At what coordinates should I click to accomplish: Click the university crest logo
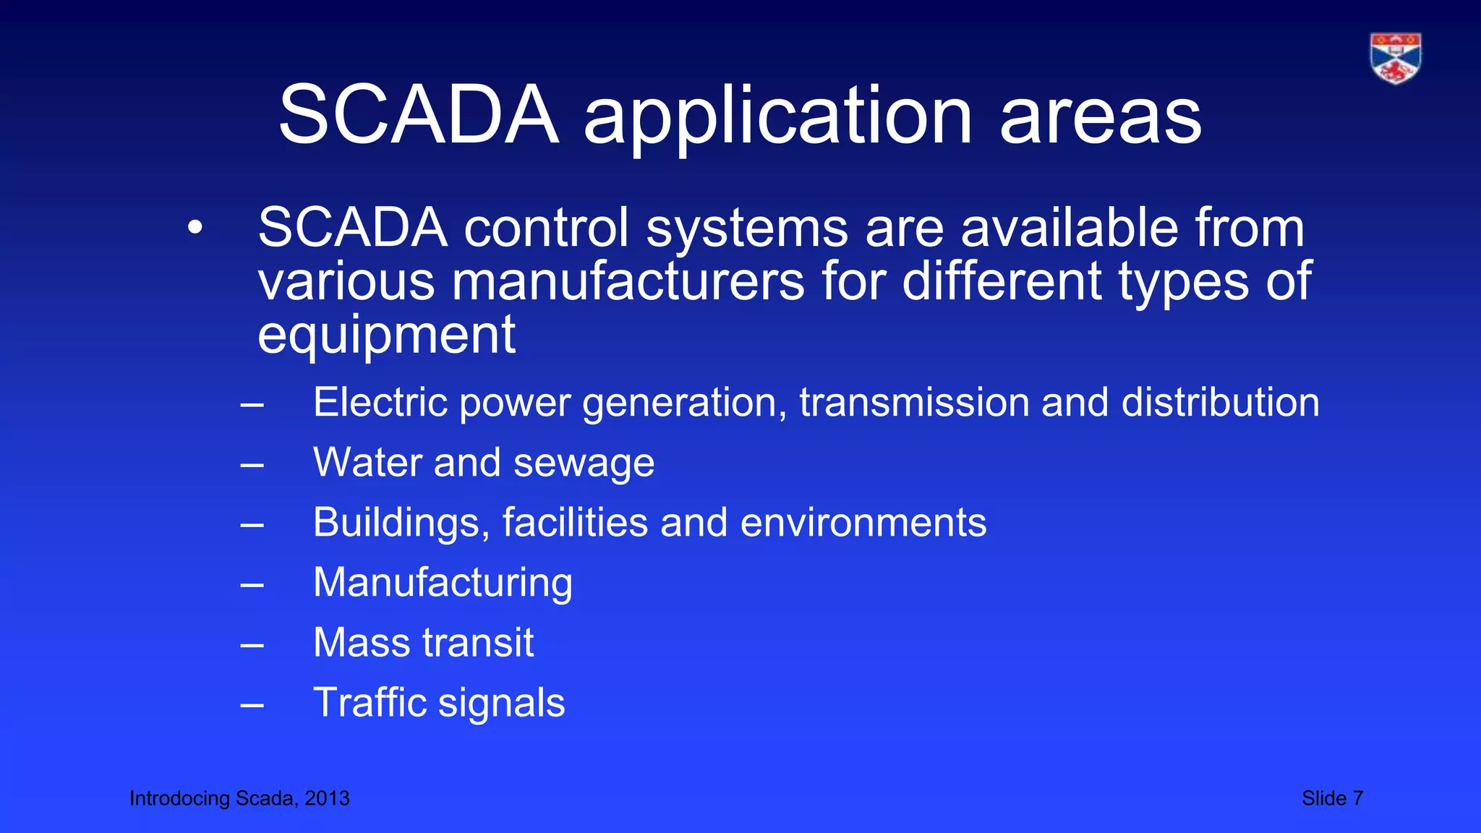click(x=1395, y=58)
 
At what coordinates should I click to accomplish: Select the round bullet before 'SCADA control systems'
click(x=195, y=228)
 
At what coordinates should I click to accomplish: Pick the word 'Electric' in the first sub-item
click(x=380, y=402)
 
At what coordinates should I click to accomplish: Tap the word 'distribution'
click(x=1220, y=402)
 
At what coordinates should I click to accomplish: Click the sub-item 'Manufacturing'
click(x=443, y=583)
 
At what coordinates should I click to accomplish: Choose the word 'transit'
click(x=478, y=642)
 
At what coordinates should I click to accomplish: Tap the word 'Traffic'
click(x=370, y=702)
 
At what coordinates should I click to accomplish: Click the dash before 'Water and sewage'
click(x=252, y=464)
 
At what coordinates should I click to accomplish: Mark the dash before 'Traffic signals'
click(x=252, y=704)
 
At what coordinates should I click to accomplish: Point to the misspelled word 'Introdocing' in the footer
click(x=179, y=798)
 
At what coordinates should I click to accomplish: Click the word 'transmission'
click(x=914, y=402)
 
